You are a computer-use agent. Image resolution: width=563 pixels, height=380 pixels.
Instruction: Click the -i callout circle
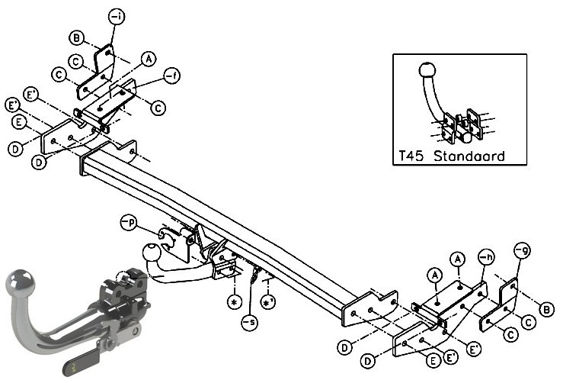(x=117, y=17)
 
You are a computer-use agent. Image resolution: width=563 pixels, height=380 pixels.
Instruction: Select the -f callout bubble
(x=171, y=76)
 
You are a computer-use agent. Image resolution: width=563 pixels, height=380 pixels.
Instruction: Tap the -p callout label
(x=129, y=223)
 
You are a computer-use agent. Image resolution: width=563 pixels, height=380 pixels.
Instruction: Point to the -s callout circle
(x=250, y=322)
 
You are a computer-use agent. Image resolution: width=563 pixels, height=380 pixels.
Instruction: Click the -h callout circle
(x=486, y=256)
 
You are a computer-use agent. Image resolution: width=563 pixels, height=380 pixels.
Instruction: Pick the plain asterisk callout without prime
(x=235, y=302)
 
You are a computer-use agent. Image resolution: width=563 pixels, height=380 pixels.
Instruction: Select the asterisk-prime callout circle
(x=268, y=302)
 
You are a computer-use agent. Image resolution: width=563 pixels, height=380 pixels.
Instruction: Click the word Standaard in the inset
(x=469, y=156)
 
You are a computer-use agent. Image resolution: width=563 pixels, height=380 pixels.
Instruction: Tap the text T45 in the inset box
(x=411, y=156)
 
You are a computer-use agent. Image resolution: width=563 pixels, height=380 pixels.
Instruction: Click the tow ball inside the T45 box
(x=427, y=69)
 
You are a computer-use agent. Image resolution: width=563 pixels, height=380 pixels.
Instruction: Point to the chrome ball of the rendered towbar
(x=21, y=282)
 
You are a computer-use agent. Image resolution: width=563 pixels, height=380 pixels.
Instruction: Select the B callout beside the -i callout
(x=76, y=37)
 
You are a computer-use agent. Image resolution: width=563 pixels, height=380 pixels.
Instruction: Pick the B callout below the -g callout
(x=546, y=310)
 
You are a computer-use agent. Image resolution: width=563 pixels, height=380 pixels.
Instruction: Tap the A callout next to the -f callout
(x=149, y=59)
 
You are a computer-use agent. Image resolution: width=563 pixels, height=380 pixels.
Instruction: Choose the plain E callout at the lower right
(x=433, y=360)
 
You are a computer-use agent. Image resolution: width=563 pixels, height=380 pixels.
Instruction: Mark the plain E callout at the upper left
(x=19, y=122)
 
